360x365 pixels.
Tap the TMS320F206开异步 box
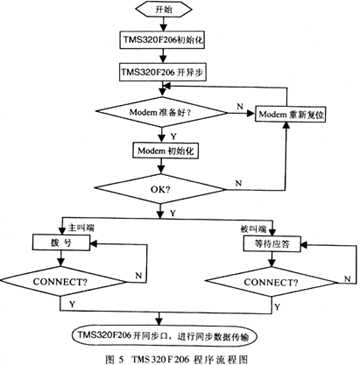pyautogui.click(x=163, y=73)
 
